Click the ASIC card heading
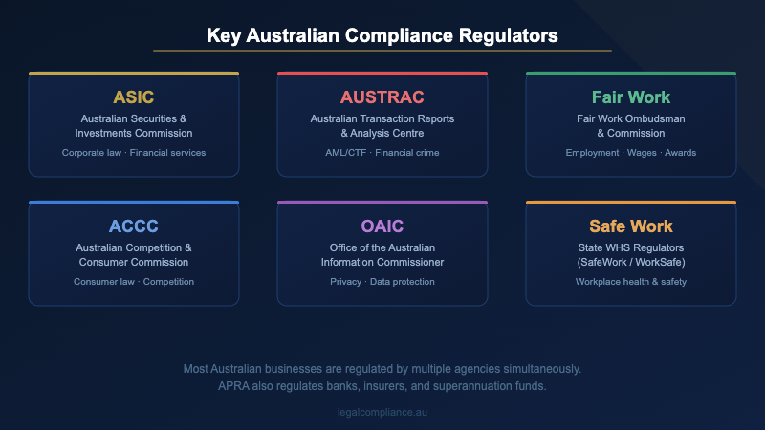tap(134, 97)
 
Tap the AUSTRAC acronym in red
tap(382, 97)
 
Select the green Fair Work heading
tap(631, 97)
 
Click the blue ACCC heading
tap(134, 226)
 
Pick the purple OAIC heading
tap(382, 226)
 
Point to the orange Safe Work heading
tap(631, 226)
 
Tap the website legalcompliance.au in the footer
tap(382, 412)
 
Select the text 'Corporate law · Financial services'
tap(134, 153)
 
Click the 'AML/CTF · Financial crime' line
tap(382, 153)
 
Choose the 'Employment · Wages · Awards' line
tap(631, 153)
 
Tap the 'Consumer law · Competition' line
tap(134, 282)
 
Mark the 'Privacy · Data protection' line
tap(382, 282)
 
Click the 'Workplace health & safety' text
tap(631, 282)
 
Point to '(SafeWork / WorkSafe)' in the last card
tap(631, 262)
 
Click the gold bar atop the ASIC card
tap(134, 74)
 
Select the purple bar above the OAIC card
tap(382, 203)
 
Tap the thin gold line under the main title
tap(382, 51)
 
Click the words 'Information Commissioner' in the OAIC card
tap(382, 262)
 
